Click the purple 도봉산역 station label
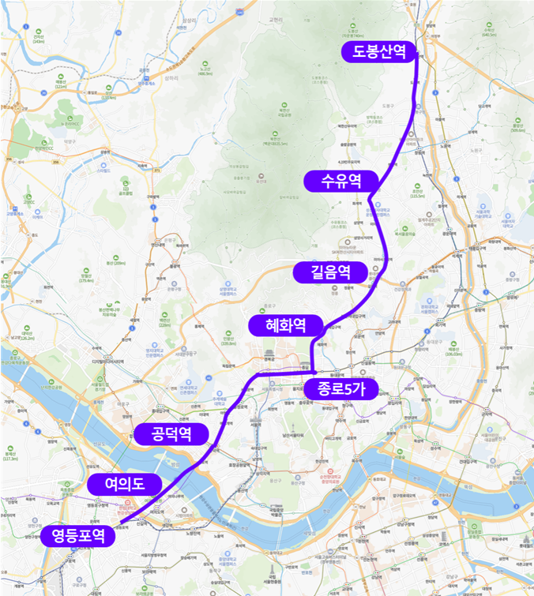379,52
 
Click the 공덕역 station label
171,433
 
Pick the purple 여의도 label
125,484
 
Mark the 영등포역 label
79,536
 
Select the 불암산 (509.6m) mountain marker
518,125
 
